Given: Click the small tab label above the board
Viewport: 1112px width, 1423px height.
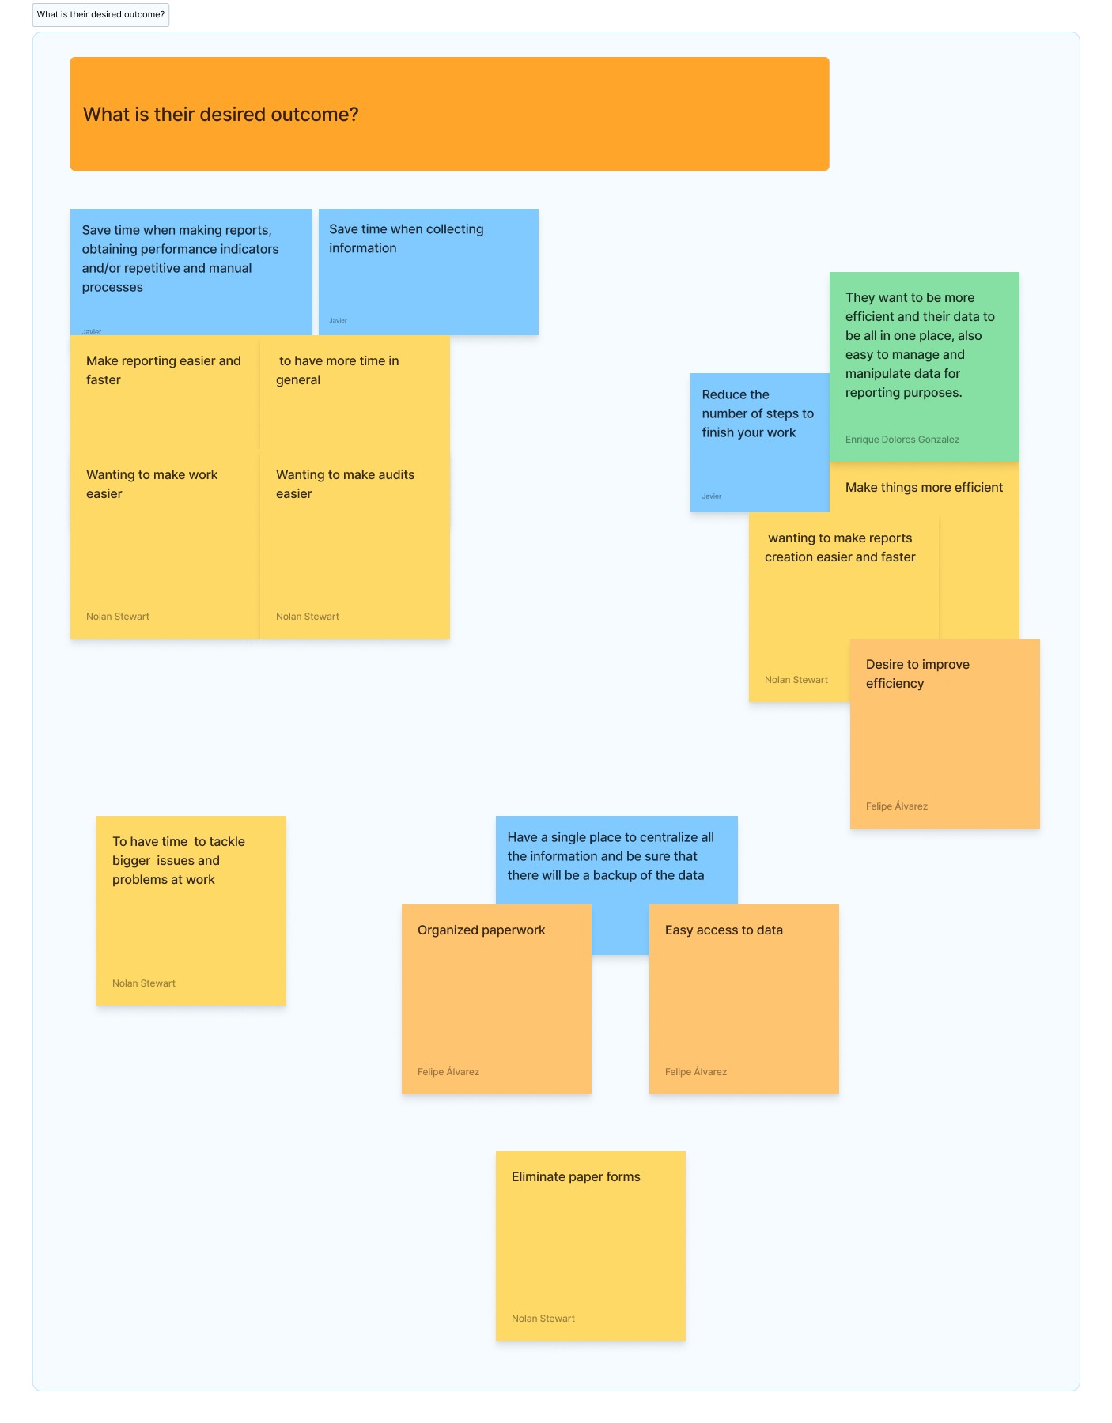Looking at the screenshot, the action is [100, 14].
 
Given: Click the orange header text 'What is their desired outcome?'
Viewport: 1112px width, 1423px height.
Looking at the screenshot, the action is [221, 115].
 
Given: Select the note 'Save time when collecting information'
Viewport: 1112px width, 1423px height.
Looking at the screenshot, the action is [428, 271].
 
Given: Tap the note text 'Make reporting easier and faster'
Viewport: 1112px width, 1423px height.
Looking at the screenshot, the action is [164, 370].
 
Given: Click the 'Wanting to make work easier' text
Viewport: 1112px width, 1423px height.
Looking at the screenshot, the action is [152, 484].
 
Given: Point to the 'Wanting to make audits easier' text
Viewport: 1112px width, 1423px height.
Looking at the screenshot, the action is [346, 484].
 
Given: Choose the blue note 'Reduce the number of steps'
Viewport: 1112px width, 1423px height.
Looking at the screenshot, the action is [759, 442].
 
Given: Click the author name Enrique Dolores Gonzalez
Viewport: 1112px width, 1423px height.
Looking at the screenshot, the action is [902, 440].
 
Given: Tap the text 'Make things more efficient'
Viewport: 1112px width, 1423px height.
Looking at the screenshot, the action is [924, 488].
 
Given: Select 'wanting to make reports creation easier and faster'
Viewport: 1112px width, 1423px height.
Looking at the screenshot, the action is [840, 547].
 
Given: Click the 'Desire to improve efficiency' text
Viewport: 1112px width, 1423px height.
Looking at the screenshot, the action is [917, 674].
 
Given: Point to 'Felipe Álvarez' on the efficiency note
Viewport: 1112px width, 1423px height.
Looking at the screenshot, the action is [897, 806].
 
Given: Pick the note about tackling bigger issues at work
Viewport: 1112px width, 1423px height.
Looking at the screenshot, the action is [191, 911].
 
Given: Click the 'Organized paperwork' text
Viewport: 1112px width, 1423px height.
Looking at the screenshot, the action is [482, 930].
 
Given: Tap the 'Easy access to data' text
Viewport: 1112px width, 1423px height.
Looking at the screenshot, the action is [724, 930].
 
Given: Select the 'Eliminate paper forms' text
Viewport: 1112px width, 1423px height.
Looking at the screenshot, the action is [576, 1177].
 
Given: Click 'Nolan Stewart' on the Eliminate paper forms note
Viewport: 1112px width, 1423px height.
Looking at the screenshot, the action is [543, 1319].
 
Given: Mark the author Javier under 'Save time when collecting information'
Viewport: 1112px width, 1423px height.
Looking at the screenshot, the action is [338, 320].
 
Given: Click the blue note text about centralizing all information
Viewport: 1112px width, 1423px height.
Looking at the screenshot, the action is [611, 856].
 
